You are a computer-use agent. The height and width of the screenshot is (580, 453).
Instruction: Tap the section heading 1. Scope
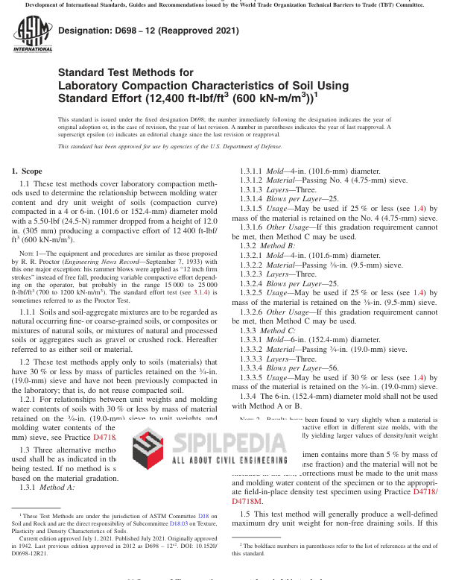[x=27, y=171]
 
